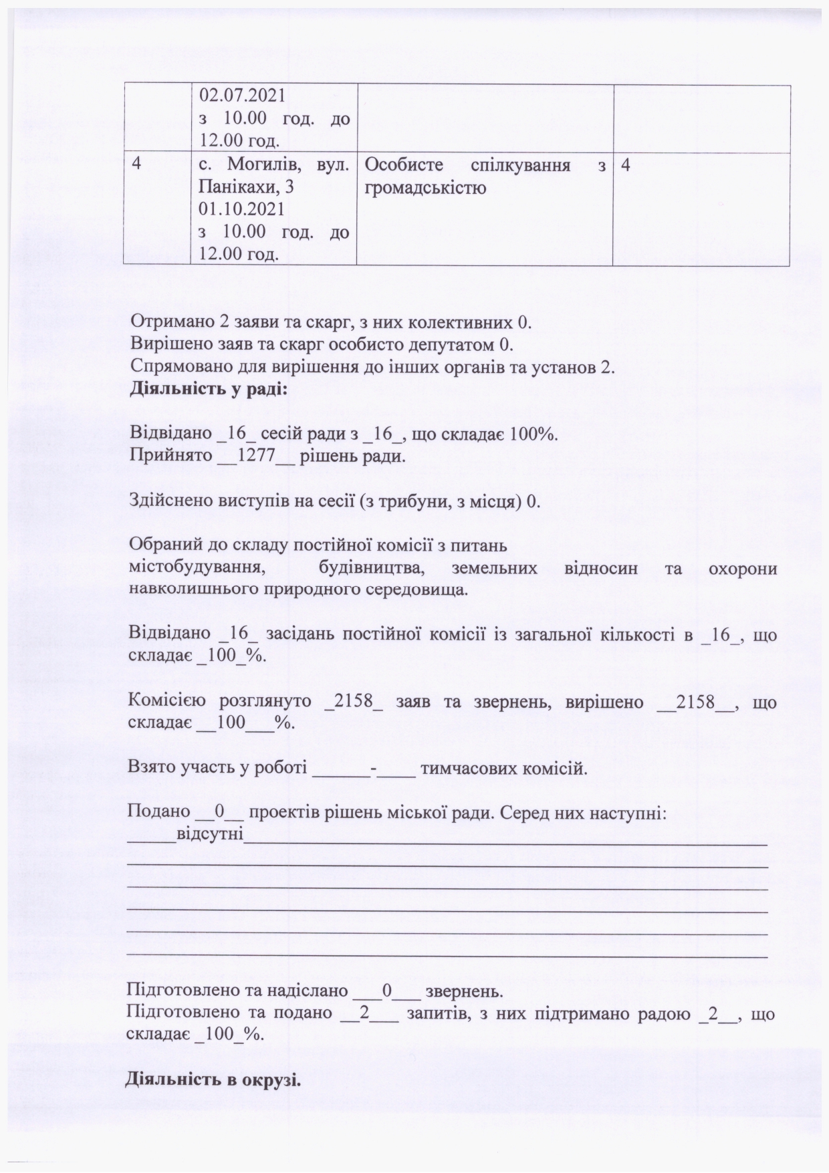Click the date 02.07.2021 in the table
[x=242, y=96]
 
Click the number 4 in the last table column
[x=626, y=164]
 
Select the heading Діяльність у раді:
[x=209, y=389]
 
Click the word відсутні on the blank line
[x=210, y=835]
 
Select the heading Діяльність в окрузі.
[x=213, y=1079]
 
